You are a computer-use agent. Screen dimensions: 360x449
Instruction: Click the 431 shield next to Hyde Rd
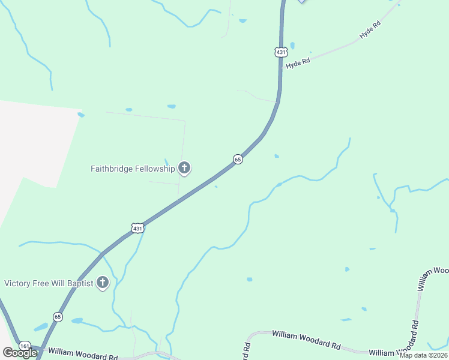tap(281, 53)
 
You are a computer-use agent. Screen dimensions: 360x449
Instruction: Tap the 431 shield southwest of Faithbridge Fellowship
tap(137, 229)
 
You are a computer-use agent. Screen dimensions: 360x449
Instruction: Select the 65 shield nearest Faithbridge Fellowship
tap(238, 159)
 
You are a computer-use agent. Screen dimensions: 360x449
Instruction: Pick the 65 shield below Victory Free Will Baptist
tap(57, 316)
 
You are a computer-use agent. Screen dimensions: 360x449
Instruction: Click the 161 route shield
tap(24, 346)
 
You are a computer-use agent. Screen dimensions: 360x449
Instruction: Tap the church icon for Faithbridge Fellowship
tap(184, 168)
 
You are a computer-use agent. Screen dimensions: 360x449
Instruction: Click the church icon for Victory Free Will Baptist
tap(103, 282)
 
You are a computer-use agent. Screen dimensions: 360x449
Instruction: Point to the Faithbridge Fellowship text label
tap(133, 169)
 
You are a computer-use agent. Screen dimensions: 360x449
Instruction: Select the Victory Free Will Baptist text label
tap(49, 283)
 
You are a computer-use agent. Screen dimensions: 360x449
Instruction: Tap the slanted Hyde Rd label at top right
tap(370, 32)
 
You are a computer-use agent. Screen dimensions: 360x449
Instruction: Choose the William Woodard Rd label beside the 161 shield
tap(83, 354)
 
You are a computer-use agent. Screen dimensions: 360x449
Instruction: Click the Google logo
tap(19, 353)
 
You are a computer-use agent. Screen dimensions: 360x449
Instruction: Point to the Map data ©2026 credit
tap(423, 355)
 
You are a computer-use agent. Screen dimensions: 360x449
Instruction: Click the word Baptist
tap(79, 283)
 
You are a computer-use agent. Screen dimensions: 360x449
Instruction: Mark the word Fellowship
tap(155, 169)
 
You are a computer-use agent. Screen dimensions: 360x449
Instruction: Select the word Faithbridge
tap(112, 169)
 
